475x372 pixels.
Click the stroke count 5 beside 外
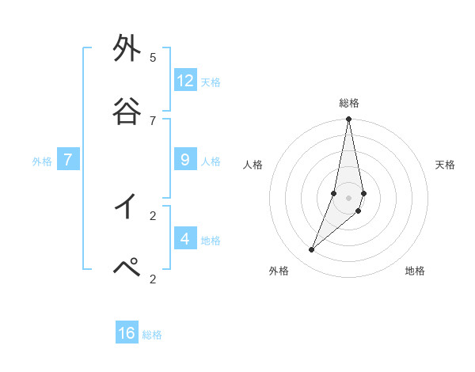coord(152,58)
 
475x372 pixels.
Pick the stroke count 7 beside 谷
coord(152,120)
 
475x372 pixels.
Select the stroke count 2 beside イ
coord(152,215)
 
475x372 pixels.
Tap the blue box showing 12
coord(185,80)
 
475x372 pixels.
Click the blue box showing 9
coord(185,160)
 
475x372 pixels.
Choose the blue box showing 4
coord(185,238)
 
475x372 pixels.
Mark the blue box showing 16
coord(127,333)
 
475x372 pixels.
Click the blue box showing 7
coord(68,160)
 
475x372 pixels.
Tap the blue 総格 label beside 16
coord(152,335)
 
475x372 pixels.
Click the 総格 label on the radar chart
coord(349,103)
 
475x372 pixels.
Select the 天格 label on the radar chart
coord(445,165)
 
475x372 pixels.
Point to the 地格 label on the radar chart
coord(415,271)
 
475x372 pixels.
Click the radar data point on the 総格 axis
coord(348,120)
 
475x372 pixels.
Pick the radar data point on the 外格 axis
coord(311,250)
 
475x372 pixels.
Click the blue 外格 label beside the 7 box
coord(42,161)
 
